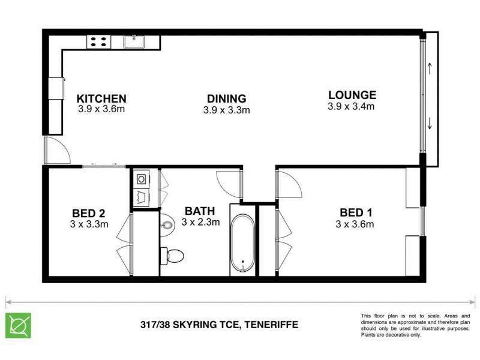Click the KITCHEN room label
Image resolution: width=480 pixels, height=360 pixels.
click(101, 98)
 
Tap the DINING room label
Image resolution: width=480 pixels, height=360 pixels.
click(226, 98)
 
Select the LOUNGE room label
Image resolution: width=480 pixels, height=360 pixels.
click(352, 94)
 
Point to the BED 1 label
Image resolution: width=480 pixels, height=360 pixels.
click(356, 213)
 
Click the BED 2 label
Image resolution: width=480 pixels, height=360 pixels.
click(89, 213)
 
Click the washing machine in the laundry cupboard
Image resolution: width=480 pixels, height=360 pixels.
click(141, 178)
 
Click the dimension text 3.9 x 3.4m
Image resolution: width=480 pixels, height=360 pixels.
click(352, 107)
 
